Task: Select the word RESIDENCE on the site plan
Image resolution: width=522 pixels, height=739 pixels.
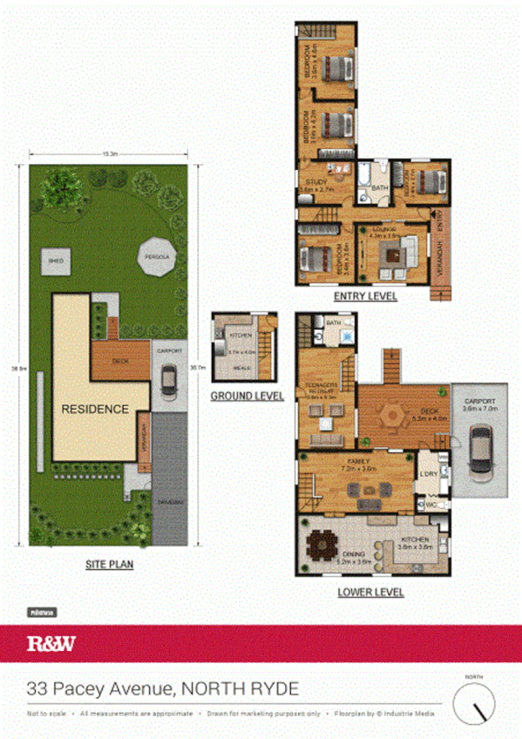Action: (x=94, y=409)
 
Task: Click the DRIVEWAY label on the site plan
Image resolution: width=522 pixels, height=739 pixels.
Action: (x=172, y=504)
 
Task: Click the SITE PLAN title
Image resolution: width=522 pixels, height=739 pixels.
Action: (x=109, y=564)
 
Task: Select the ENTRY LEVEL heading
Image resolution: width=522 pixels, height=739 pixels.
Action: (x=366, y=296)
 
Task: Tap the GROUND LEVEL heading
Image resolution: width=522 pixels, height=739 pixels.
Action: (x=247, y=396)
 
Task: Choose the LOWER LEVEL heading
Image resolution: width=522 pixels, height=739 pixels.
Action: (x=370, y=592)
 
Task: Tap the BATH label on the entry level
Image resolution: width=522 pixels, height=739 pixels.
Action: (x=378, y=186)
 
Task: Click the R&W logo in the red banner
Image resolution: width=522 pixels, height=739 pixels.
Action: (x=51, y=646)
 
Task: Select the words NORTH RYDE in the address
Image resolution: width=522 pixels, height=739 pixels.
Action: (x=240, y=688)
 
